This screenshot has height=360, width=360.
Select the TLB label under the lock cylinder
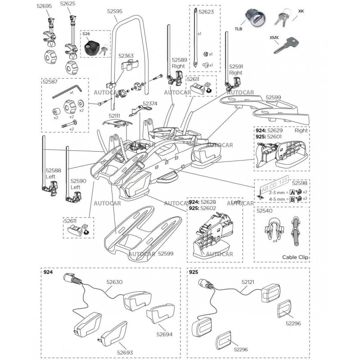click(238, 29)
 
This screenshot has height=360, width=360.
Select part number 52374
click(150, 103)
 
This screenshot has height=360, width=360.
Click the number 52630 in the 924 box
click(113, 282)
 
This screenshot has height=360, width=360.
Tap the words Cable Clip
click(295, 257)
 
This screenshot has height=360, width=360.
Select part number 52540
click(265, 210)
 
